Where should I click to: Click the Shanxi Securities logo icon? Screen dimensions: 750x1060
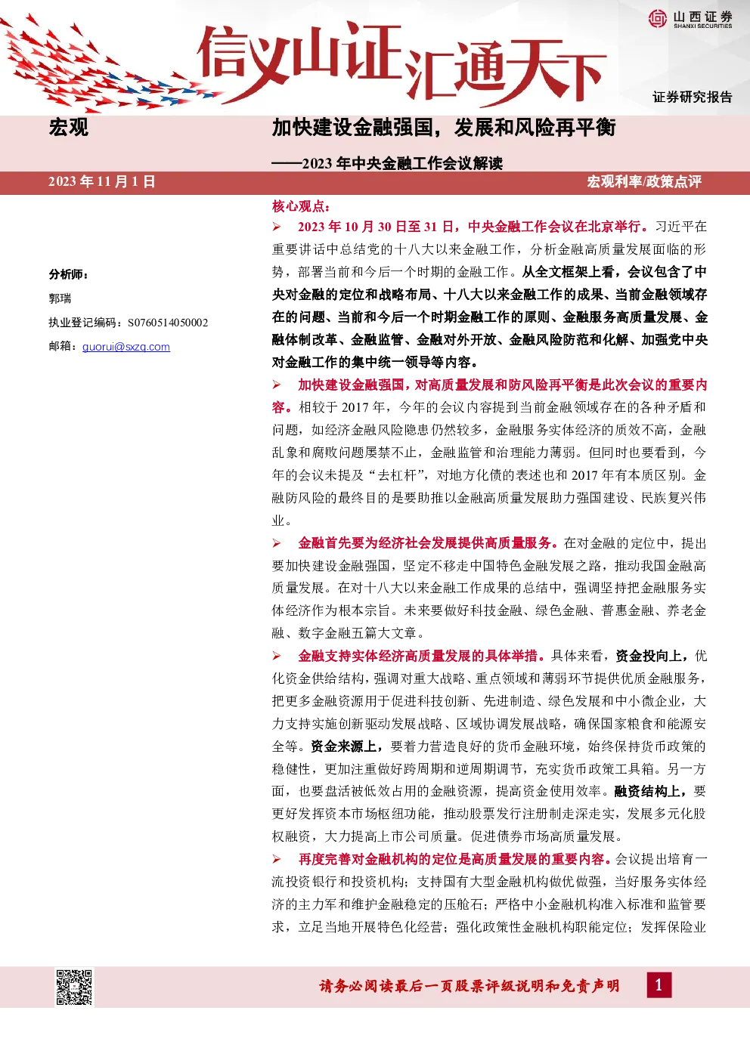pyautogui.click(x=657, y=18)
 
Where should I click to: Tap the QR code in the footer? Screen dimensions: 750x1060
pyautogui.click(x=74, y=987)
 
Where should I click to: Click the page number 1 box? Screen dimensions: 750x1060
pyautogui.click(x=659, y=985)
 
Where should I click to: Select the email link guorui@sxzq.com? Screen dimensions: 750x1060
pyautogui.click(x=126, y=347)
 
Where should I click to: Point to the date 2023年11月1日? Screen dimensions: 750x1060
pyautogui.click(x=102, y=182)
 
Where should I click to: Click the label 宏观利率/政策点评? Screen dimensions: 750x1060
pyautogui.click(x=644, y=182)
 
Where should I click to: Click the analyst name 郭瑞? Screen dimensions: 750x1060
pyautogui.click(x=60, y=298)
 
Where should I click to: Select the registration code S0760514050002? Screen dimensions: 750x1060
pyautogui.click(x=168, y=323)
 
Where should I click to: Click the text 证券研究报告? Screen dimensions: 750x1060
pyautogui.click(x=693, y=97)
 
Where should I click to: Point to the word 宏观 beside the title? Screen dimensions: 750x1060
pyautogui.click(x=69, y=128)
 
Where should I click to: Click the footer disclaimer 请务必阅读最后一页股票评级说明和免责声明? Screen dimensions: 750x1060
pyautogui.click(x=470, y=986)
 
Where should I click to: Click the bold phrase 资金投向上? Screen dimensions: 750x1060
pyautogui.click(x=648, y=656)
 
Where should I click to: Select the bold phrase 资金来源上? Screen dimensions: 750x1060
pyautogui.click(x=343, y=746)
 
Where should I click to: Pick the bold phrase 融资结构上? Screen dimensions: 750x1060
pyautogui.click(x=646, y=791)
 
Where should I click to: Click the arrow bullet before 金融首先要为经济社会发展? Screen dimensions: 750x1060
pyautogui.click(x=277, y=543)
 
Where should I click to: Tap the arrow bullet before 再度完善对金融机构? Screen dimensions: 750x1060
pyautogui.click(x=277, y=859)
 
